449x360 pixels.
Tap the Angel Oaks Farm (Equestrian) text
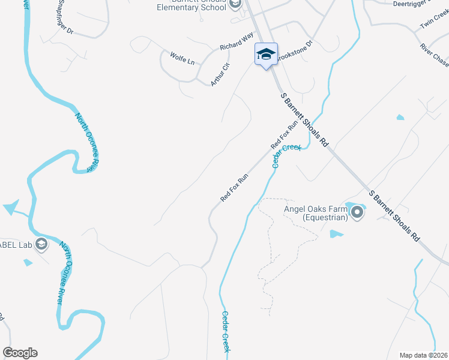tap(316, 213)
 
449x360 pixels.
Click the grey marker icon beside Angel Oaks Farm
tap(358, 212)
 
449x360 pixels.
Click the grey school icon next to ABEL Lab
tap(41, 244)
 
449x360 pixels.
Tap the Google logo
tap(20, 353)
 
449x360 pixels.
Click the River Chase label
tap(434, 55)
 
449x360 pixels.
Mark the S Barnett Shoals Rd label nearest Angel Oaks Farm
tap(394, 215)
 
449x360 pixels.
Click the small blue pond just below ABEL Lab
tap(28, 262)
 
